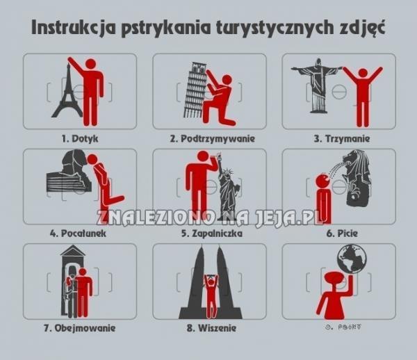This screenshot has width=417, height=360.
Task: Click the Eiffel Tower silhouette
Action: tap(67, 90)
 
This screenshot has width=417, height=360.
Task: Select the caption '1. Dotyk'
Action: tap(80, 138)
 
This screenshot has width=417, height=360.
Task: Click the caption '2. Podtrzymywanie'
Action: tap(212, 138)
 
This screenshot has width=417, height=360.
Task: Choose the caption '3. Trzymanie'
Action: tap(341, 138)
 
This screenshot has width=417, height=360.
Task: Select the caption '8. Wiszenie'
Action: tap(211, 328)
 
